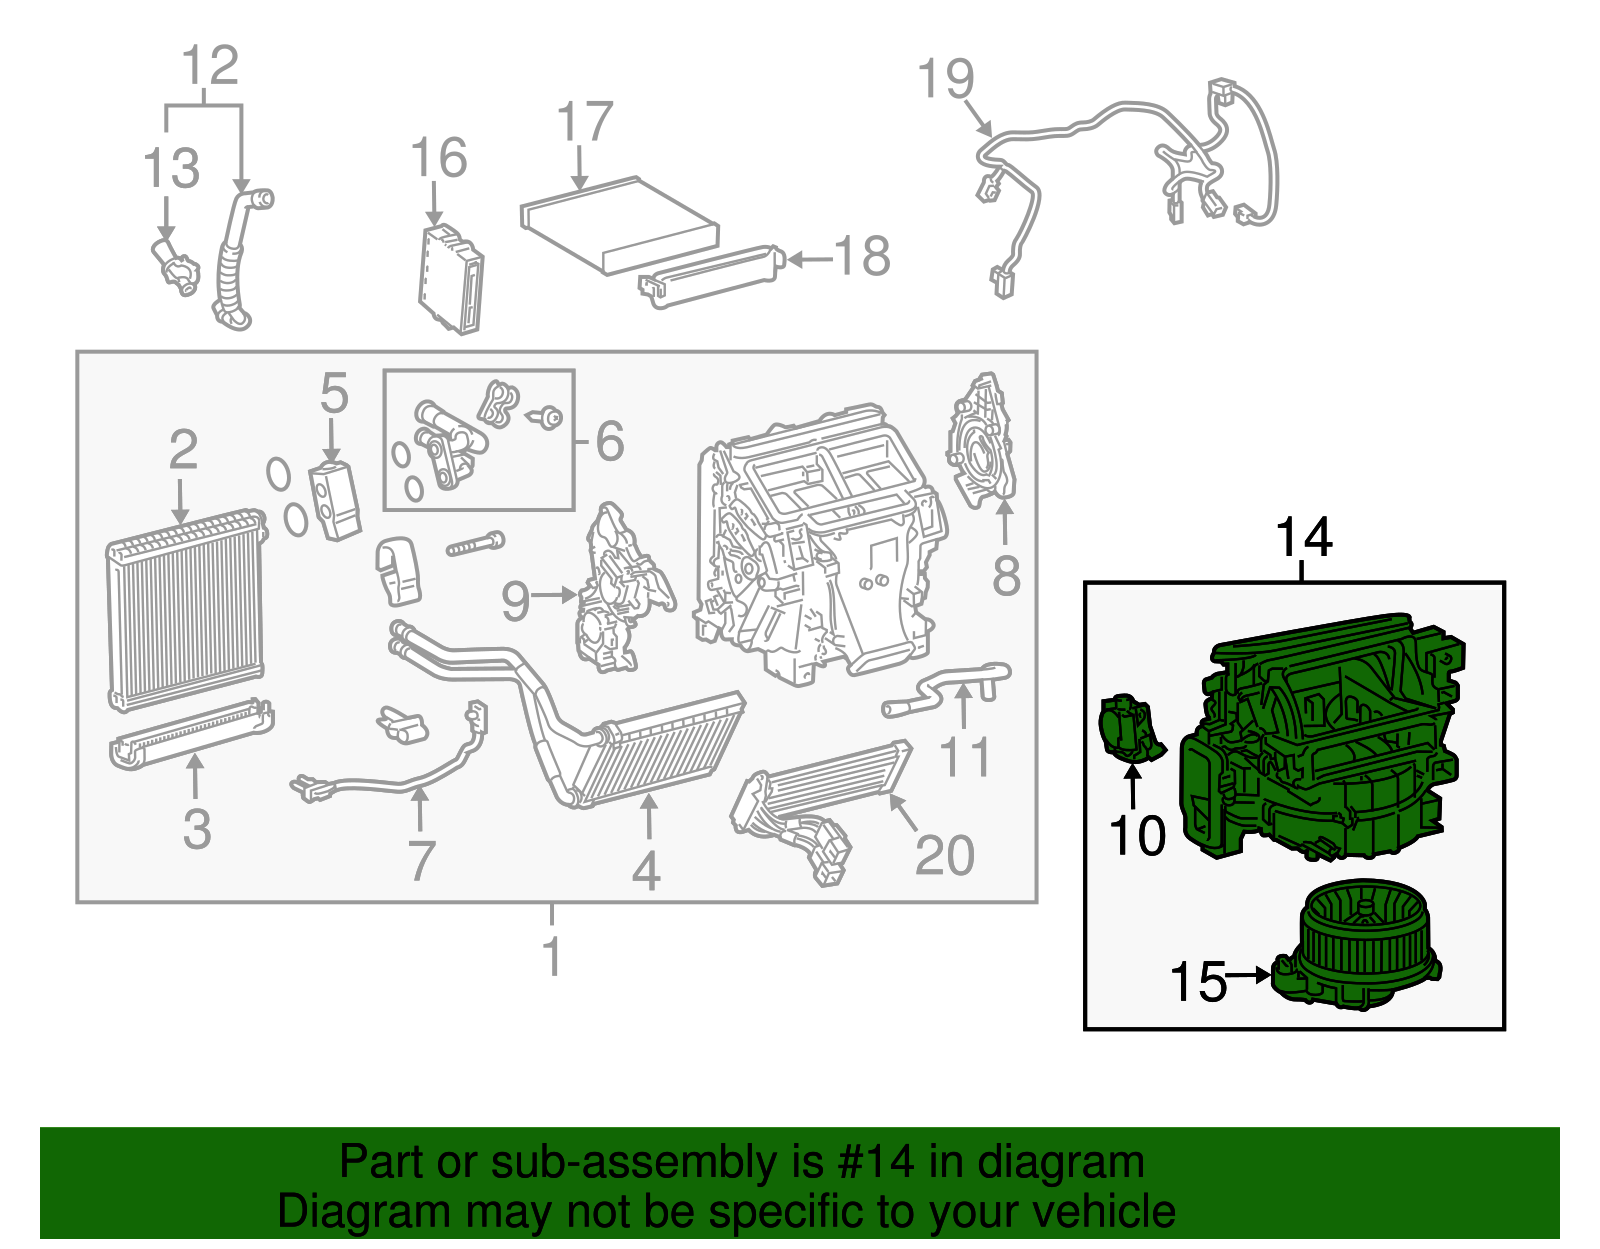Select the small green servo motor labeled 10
coord(1128,728)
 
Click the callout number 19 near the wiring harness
coord(945,79)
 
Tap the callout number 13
coord(171,168)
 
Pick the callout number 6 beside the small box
coord(610,441)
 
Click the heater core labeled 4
coord(665,750)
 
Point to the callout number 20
coord(944,856)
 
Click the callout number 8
coord(1006,576)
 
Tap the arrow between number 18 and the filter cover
coord(810,260)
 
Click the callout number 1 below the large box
coord(552,956)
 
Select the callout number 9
coord(515,601)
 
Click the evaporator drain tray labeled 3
coord(190,737)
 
